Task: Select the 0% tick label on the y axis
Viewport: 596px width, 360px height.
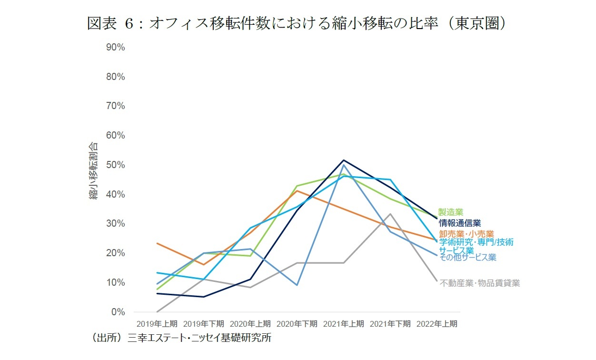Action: point(117,312)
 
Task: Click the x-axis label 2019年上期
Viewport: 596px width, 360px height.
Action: point(157,324)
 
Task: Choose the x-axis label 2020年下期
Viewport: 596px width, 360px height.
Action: point(297,324)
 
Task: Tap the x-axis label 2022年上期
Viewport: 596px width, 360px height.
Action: point(437,324)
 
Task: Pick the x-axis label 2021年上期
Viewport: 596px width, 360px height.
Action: point(344,324)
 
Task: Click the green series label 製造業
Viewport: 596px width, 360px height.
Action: point(450,212)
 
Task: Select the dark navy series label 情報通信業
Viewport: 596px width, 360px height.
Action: point(459,223)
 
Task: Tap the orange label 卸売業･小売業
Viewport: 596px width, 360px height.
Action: point(466,234)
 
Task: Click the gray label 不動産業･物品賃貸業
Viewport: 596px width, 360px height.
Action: point(479,283)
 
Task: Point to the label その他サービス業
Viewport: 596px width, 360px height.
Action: point(467,258)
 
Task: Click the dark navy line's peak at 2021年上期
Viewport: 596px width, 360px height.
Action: point(344,160)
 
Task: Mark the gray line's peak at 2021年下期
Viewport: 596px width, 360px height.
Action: point(390,214)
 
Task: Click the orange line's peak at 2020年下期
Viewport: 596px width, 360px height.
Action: point(297,190)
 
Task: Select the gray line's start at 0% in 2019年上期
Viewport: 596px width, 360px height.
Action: point(157,312)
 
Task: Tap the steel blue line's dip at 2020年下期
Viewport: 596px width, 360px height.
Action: point(297,285)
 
